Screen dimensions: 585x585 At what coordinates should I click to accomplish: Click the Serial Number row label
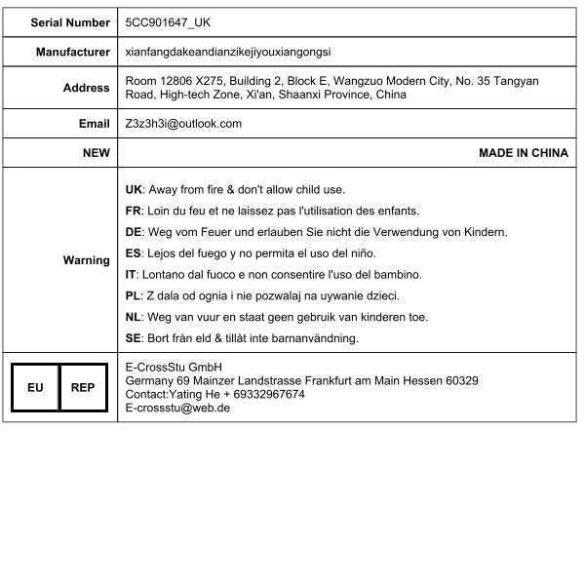(70, 20)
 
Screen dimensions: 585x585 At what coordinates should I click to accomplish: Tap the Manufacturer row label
(73, 52)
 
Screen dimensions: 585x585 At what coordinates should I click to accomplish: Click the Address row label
(87, 88)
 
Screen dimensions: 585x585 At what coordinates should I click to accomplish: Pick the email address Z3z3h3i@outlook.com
(183, 124)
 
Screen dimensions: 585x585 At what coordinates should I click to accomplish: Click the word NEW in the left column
(97, 153)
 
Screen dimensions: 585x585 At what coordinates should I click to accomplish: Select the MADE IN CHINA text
(523, 153)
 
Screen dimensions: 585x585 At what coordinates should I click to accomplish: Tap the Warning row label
(87, 260)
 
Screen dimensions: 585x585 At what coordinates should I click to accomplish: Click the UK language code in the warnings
(135, 189)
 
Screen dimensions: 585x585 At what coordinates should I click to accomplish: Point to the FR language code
(135, 211)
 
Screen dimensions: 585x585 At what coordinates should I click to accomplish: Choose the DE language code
(135, 232)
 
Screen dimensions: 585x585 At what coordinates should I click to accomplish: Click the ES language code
(135, 253)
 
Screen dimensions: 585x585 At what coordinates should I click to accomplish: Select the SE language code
(135, 338)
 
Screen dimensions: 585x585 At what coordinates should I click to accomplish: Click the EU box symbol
(35, 387)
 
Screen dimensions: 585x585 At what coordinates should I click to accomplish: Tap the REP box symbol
(83, 387)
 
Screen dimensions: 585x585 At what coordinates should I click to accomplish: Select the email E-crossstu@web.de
(177, 409)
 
